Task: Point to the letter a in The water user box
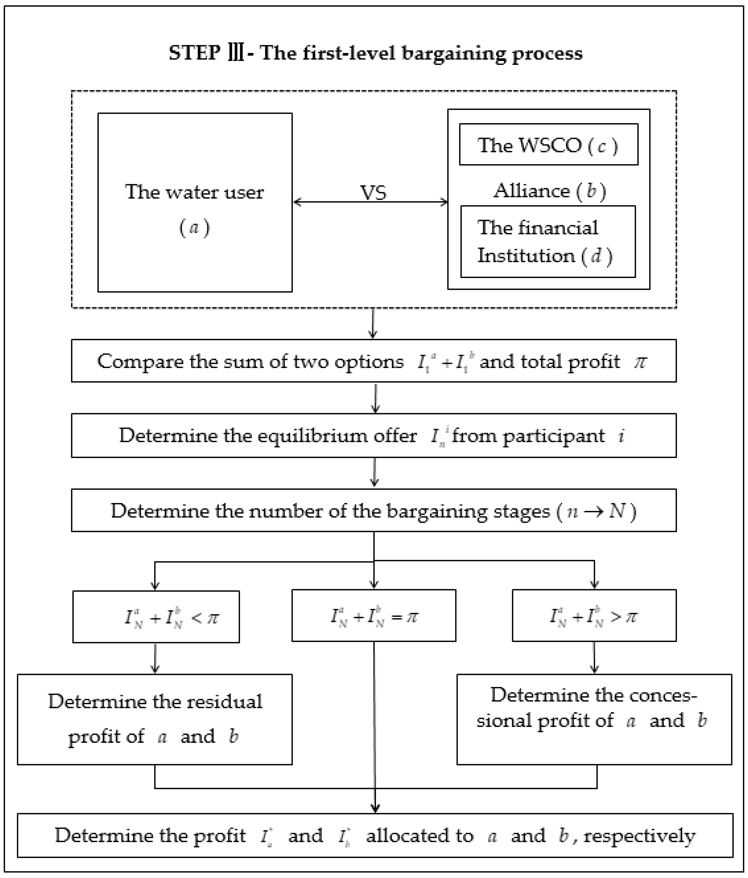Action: click(x=194, y=228)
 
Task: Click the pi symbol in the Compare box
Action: click(x=640, y=361)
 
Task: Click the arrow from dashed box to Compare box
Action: click(x=372, y=324)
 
